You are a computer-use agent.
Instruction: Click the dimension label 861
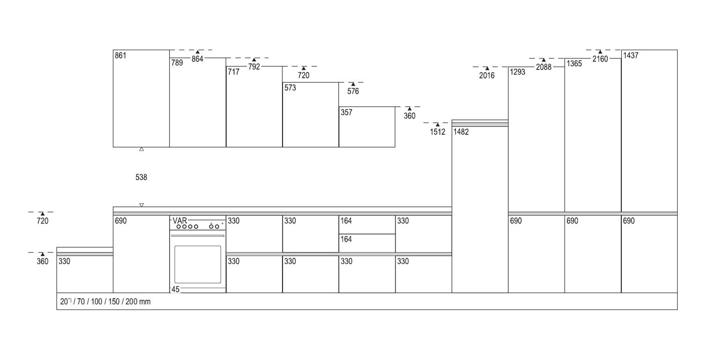tap(121, 56)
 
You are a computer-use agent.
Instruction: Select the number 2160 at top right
tap(600, 59)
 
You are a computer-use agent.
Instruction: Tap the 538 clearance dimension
tap(141, 177)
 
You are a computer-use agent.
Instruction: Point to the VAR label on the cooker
tap(180, 221)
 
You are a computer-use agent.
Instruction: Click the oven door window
tap(198, 264)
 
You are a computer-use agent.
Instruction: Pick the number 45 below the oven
tap(175, 289)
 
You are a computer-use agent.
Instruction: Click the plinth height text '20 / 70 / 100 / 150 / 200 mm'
tap(105, 302)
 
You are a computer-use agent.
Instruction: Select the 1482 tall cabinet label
tap(461, 132)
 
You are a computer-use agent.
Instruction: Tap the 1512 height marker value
tap(438, 132)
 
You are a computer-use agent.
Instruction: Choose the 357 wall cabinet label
tap(346, 113)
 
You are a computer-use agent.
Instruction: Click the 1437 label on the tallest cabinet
tap(631, 56)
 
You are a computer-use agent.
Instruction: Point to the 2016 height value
tap(487, 75)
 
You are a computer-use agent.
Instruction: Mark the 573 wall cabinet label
tap(290, 88)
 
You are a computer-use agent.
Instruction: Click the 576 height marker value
tap(353, 91)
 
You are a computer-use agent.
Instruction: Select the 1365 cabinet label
tap(574, 64)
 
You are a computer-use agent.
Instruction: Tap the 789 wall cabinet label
tap(177, 63)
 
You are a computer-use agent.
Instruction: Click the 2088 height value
tap(543, 67)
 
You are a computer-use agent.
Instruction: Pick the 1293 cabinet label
tap(518, 72)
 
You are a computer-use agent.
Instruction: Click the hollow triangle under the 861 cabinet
tap(142, 149)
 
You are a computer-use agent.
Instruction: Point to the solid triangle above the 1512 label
tap(438, 125)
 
